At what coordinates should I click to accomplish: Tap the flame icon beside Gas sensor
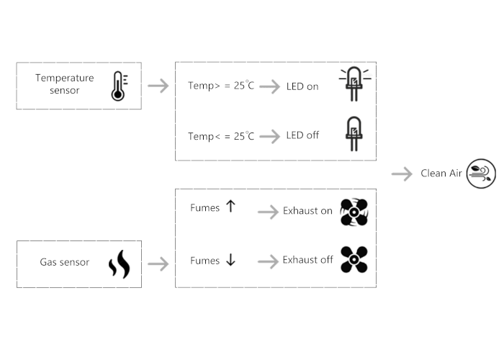coord(119,264)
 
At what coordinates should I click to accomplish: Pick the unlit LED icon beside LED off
coord(353,134)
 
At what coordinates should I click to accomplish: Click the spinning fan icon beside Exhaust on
coord(354,212)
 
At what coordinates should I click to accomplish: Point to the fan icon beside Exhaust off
coord(354,260)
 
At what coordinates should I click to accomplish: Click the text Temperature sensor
coord(65,84)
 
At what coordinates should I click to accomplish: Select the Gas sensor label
coord(65,262)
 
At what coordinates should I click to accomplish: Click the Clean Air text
coord(441,174)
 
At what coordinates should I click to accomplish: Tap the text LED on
coord(302,86)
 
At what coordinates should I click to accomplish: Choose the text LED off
coord(302,135)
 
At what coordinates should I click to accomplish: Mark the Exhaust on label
coord(307,211)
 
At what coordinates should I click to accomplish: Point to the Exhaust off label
coord(307,259)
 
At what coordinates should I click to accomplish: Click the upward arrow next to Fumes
coord(230,207)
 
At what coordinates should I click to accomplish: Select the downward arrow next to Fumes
coord(230,260)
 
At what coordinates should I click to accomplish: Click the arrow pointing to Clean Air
coord(401,174)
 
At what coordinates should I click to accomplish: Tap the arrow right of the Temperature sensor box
coord(158,86)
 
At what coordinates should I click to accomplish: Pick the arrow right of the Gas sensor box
coord(158,264)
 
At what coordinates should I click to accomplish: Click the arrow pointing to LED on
coord(269,86)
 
